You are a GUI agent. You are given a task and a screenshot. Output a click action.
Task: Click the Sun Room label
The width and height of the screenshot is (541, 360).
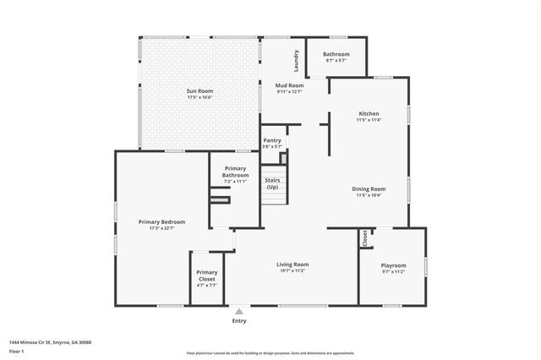point(199,90)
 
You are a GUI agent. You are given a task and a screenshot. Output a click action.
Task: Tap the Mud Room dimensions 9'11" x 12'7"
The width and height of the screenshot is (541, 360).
point(289,92)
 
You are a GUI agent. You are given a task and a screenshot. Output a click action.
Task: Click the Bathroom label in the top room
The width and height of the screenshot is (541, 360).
point(336,54)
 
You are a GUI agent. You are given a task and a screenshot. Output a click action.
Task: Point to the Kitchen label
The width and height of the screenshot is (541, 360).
point(369,113)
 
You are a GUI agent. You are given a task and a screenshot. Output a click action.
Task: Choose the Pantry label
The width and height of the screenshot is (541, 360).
point(271,140)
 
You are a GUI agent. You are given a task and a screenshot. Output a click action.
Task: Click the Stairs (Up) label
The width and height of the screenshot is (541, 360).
point(272,183)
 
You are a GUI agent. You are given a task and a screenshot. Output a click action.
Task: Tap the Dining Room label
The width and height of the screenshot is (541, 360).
point(369,188)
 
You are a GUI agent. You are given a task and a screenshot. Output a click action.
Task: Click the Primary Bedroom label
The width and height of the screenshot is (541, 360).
point(161,221)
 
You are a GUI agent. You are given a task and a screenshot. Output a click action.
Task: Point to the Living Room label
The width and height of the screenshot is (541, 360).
point(292,265)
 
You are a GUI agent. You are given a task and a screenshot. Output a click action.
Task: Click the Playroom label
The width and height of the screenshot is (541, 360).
point(393,265)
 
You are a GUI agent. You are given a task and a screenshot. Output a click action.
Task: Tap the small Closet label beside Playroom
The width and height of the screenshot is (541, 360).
point(365,238)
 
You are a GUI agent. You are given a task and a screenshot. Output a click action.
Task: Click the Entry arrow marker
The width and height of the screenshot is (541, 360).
point(239,311)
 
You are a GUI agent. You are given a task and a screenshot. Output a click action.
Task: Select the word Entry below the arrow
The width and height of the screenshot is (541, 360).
point(239,321)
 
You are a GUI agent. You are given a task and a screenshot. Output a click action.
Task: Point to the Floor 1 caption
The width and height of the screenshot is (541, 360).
point(17,351)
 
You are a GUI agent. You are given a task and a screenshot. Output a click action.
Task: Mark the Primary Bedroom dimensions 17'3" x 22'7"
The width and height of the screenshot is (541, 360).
point(161,228)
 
